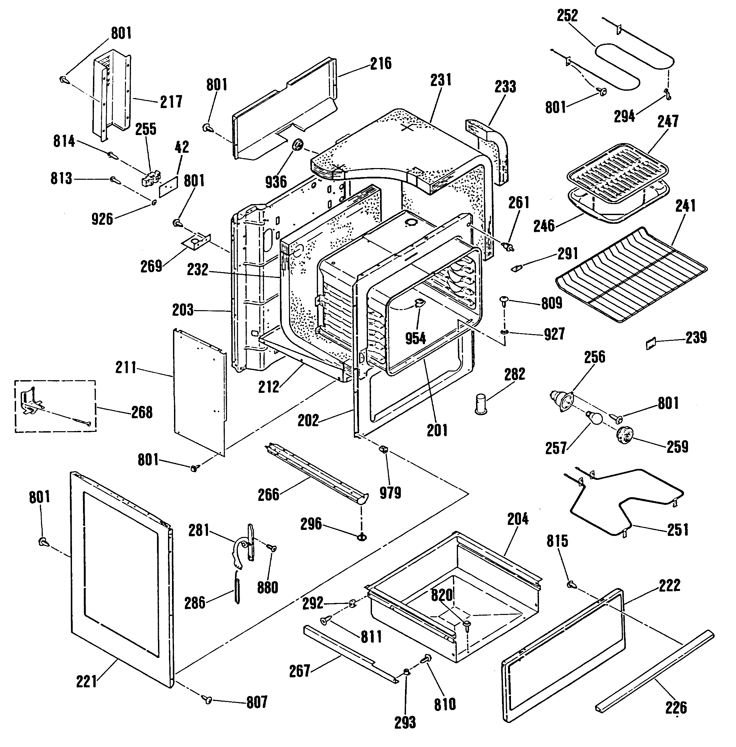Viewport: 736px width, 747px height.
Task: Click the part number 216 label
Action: (x=381, y=63)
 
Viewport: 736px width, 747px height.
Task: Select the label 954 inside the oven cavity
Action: (x=416, y=338)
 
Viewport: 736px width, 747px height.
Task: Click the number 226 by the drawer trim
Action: (x=676, y=707)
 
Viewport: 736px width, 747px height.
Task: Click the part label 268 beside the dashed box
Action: (x=142, y=412)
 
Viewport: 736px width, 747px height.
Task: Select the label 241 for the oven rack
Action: (x=685, y=206)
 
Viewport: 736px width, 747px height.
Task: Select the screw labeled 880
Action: (x=273, y=548)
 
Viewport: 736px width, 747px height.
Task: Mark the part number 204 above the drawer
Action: (x=518, y=519)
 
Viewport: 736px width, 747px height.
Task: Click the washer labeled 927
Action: (x=503, y=332)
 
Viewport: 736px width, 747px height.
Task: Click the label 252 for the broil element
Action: (x=567, y=15)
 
